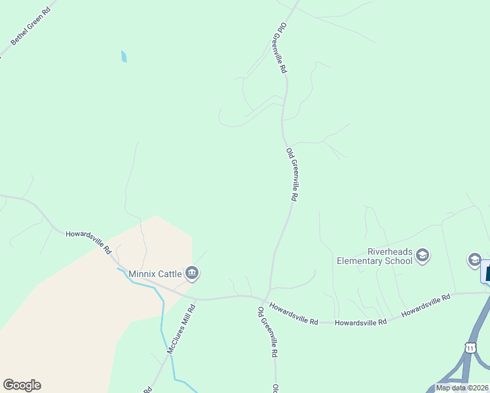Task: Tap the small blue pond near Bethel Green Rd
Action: pyautogui.click(x=124, y=56)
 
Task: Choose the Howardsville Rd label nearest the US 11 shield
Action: pyautogui.click(x=426, y=306)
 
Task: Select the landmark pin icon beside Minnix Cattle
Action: pyautogui.click(x=191, y=273)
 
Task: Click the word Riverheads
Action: pyautogui.click(x=388, y=252)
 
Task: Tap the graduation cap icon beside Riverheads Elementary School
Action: pyautogui.click(x=423, y=255)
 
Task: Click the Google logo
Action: pyautogui.click(x=22, y=385)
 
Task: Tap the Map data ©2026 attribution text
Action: pyautogui.click(x=462, y=388)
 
